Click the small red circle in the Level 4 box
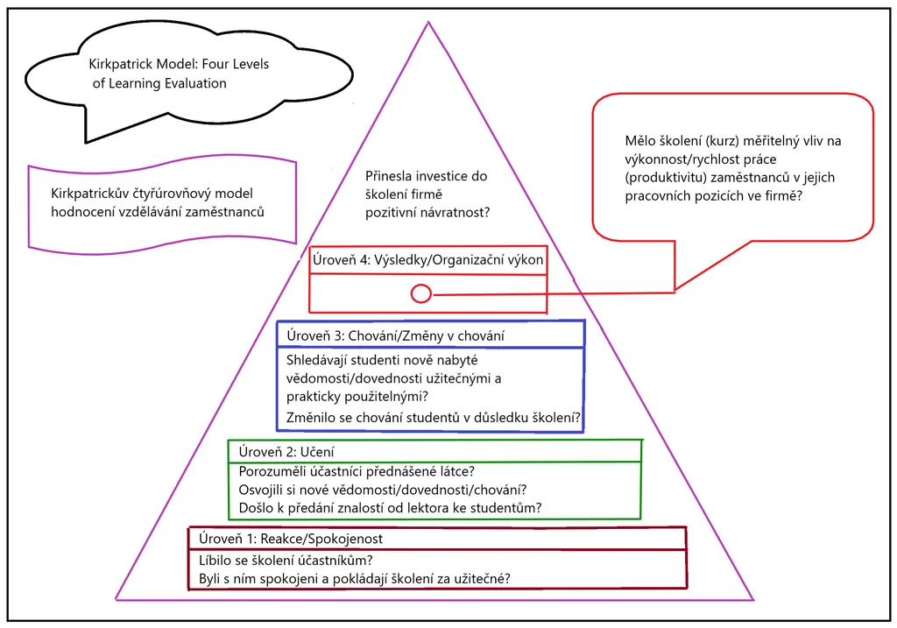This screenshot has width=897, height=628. pos(420,293)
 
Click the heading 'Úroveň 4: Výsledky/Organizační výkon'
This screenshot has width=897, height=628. pos(427,260)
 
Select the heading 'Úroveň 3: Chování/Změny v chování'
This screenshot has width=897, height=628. pos(395,335)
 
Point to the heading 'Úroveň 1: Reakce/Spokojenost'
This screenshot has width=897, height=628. pos(291,539)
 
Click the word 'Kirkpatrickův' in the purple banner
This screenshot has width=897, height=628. pos(91,194)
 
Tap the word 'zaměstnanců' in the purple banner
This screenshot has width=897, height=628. pos(227,212)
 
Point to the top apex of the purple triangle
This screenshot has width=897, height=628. pos(428,23)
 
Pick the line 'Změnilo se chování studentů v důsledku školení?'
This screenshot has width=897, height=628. pos(434,416)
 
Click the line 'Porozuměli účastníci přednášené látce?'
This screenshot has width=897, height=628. pos(357,472)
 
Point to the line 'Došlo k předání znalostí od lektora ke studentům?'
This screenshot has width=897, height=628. pos(391,508)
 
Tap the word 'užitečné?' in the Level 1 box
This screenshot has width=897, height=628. pos(481,578)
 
